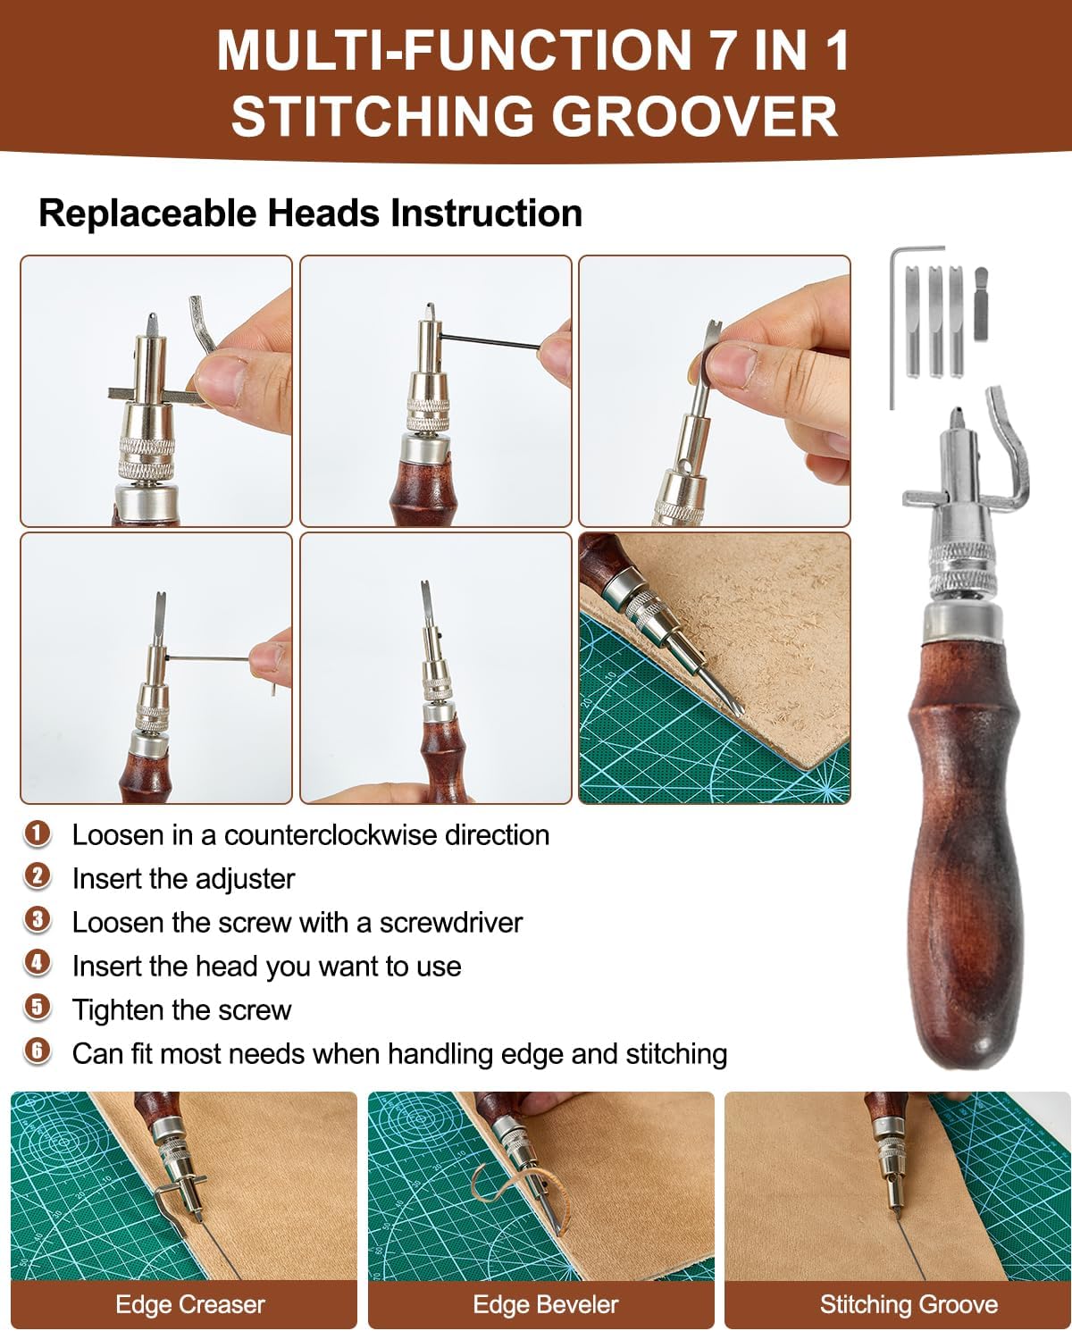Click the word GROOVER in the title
694,115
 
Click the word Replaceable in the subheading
147,214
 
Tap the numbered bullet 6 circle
38,1053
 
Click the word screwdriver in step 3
451,923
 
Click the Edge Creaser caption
190,1304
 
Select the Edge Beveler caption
546,1304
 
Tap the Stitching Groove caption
909,1304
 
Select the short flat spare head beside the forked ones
981,304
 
